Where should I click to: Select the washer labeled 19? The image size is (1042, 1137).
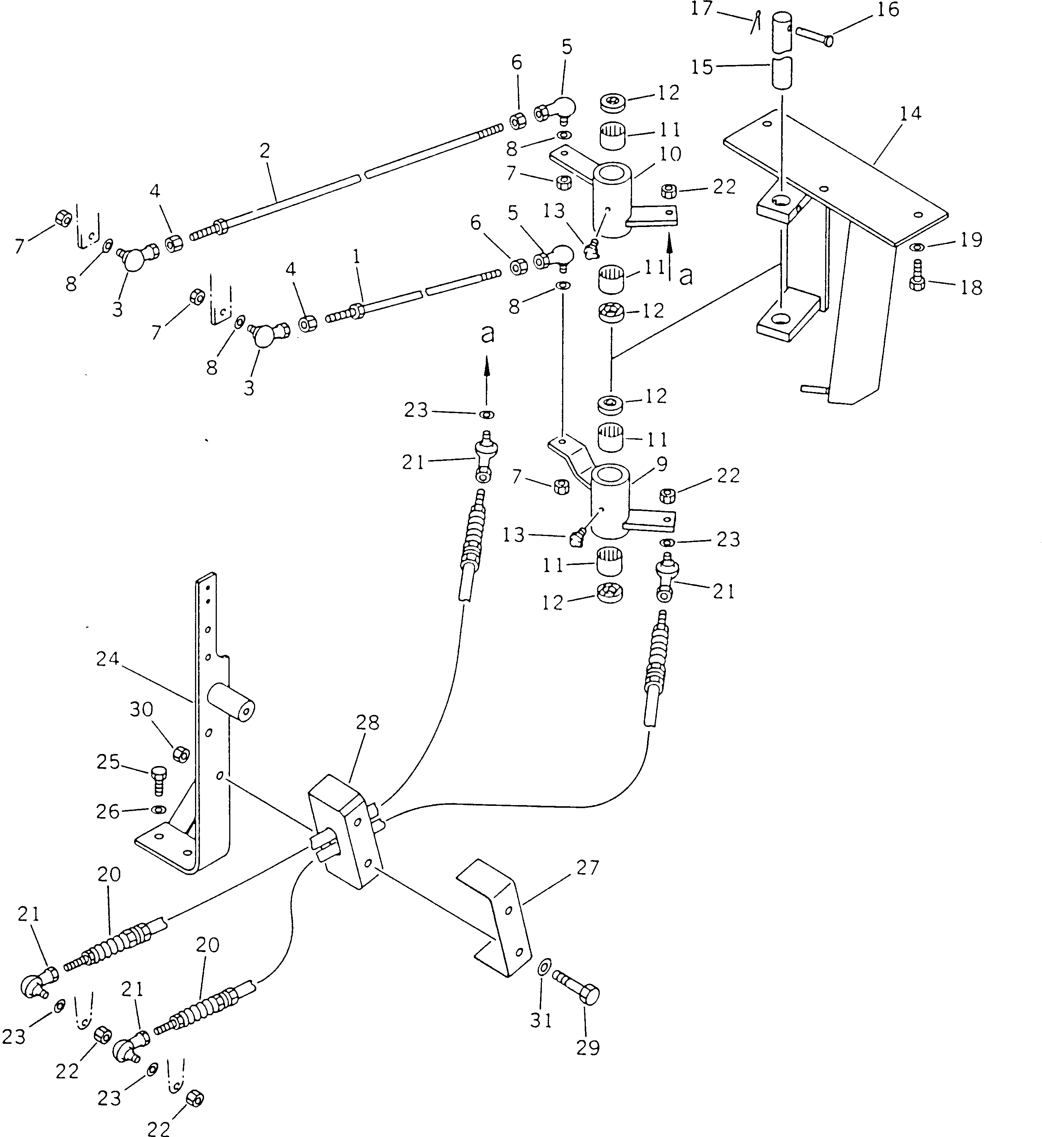click(917, 247)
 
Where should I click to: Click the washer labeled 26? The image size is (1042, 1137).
click(159, 810)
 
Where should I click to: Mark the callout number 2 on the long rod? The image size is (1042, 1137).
click(265, 151)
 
